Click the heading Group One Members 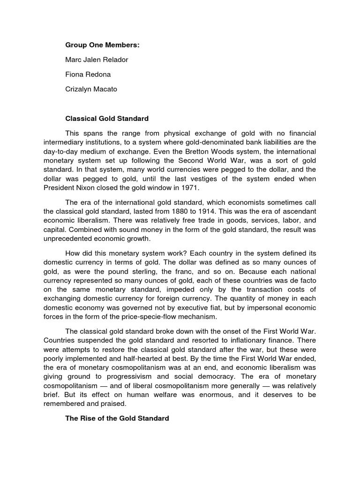102,45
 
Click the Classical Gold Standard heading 106,119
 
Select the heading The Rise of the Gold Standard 117,418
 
